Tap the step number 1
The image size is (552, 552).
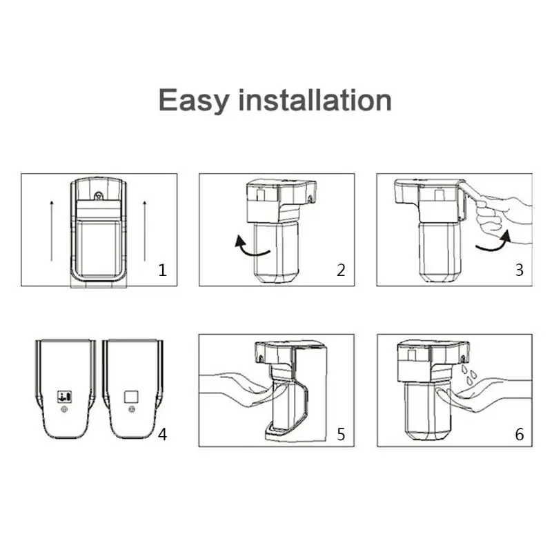(x=163, y=270)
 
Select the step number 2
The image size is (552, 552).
(x=340, y=270)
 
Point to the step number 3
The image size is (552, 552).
(x=519, y=270)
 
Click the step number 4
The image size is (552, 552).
(x=162, y=435)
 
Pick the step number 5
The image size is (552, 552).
(x=341, y=435)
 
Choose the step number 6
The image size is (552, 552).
(x=519, y=435)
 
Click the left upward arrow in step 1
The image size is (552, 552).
(x=52, y=231)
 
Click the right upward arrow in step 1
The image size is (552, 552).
(x=144, y=231)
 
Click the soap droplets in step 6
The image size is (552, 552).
(x=469, y=376)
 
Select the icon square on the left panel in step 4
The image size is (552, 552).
(x=63, y=397)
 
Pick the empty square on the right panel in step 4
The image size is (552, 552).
(x=130, y=397)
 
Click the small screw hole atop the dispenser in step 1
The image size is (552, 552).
(x=98, y=195)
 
